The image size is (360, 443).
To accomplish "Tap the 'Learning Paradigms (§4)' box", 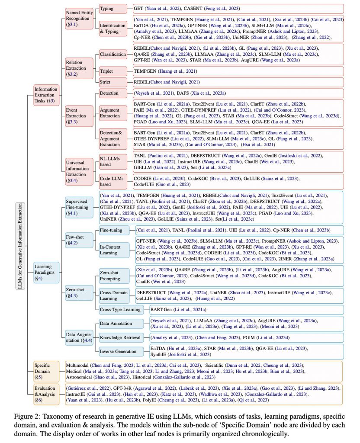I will (46, 273).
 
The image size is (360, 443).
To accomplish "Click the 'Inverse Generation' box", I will (118, 351).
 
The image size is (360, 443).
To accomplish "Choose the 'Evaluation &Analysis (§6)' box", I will (46, 394).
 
